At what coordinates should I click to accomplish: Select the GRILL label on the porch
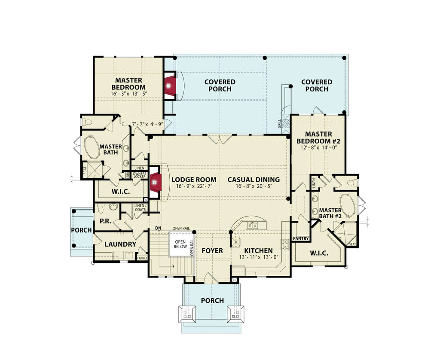click(280, 124)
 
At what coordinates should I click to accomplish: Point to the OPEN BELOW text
click(180, 244)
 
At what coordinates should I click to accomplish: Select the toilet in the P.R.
click(100, 209)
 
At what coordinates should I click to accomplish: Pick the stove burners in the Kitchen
click(285, 244)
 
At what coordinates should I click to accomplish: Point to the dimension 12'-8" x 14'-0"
click(318, 147)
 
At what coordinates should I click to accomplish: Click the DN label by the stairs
click(158, 228)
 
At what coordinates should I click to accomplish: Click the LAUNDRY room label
click(120, 244)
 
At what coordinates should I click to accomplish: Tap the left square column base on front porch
click(187, 315)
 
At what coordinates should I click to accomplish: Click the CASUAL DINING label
click(254, 180)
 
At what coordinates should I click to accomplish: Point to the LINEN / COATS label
click(140, 207)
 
